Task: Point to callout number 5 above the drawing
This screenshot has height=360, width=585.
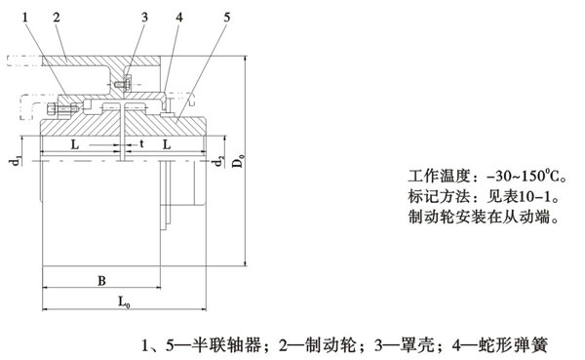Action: pos(226,17)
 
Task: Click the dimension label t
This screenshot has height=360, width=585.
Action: pos(141,143)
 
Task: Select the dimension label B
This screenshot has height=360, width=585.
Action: pos(101,281)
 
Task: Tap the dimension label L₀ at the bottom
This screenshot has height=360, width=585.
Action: pos(125,302)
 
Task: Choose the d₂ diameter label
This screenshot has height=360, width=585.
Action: pos(221,160)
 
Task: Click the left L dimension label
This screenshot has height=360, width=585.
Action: pos(76,143)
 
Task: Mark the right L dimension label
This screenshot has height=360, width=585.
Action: pos(169,143)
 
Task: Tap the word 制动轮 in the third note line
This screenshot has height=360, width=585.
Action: pos(425,220)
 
